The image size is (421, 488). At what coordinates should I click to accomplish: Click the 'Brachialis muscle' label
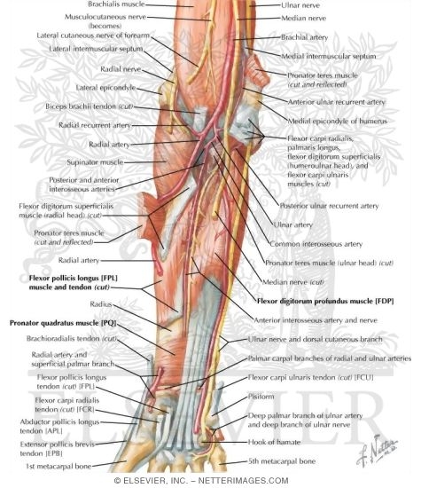tap(116, 4)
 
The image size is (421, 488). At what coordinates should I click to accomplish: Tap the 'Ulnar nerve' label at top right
tap(300, 5)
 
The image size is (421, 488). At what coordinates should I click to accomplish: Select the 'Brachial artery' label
tap(304, 37)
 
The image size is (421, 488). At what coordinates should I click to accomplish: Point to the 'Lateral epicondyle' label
tap(105, 88)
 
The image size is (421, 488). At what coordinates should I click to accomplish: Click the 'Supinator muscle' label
tap(95, 162)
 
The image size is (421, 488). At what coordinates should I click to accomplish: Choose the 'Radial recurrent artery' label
tap(95, 125)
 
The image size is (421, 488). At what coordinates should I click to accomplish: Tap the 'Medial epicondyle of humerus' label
tap(338, 121)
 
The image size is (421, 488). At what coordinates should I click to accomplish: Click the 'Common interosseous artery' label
tap(316, 244)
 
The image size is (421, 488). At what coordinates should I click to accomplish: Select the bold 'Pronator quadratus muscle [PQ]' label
tap(63, 323)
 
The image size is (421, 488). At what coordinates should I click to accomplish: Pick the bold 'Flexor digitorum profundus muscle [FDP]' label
tap(325, 301)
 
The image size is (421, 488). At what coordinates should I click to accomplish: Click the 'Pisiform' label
tap(261, 397)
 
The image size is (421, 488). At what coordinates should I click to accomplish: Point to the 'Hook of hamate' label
tap(274, 442)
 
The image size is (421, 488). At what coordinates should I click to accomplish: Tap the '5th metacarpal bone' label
tap(282, 460)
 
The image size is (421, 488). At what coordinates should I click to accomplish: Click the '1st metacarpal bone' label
tap(58, 466)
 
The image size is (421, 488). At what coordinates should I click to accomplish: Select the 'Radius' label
tap(101, 304)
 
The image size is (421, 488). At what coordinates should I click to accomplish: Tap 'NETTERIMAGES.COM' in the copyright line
tap(243, 481)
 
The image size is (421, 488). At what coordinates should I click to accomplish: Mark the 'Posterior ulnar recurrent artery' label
tap(329, 206)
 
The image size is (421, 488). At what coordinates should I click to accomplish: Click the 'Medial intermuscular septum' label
tap(329, 56)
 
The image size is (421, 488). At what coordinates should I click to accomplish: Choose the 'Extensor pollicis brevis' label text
tap(58, 445)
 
